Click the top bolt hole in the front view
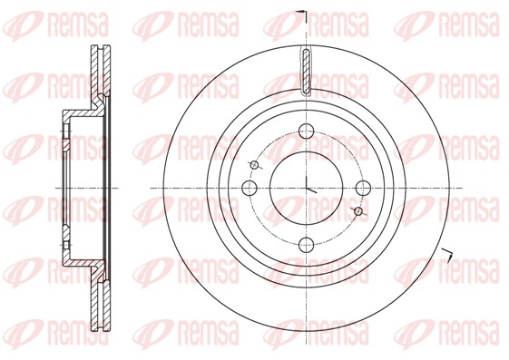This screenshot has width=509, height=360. coord(306,131)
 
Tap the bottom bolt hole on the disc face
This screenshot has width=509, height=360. coord(307,245)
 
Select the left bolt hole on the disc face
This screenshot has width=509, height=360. coord(250,188)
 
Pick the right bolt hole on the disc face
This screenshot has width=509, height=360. coord(363,188)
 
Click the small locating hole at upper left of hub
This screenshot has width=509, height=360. coord(255,165)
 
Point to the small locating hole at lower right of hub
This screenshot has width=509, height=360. coord(358,211)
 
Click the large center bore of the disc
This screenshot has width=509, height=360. coord(307,188)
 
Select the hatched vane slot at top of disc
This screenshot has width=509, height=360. coord(307,72)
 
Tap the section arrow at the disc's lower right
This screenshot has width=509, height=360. coord(447,255)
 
